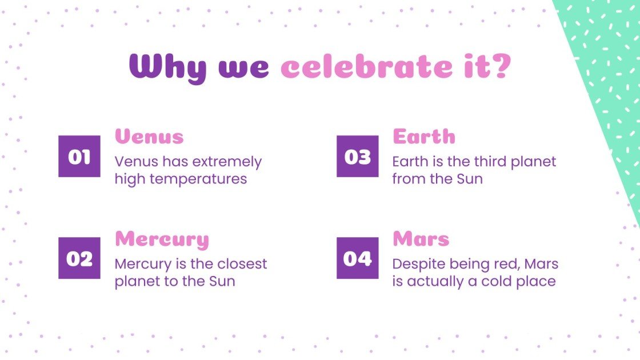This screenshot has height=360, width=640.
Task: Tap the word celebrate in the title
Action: click(366, 66)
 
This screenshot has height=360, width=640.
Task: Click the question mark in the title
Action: click(499, 66)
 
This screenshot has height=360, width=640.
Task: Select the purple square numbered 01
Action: click(79, 157)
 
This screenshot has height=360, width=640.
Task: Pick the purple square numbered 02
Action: click(79, 258)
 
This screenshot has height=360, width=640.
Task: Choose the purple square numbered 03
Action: click(358, 157)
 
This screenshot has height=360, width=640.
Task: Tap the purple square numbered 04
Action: click(358, 258)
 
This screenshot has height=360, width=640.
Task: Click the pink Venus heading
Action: click(149, 137)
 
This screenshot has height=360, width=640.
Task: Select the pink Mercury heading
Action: click(162, 239)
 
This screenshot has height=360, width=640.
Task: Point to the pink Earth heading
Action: click(424, 137)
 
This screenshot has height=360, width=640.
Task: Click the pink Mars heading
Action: click(421, 239)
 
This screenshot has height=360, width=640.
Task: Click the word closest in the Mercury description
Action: click(242, 263)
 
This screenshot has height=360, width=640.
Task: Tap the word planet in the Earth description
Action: click(534, 162)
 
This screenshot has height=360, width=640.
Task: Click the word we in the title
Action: click(243, 68)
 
